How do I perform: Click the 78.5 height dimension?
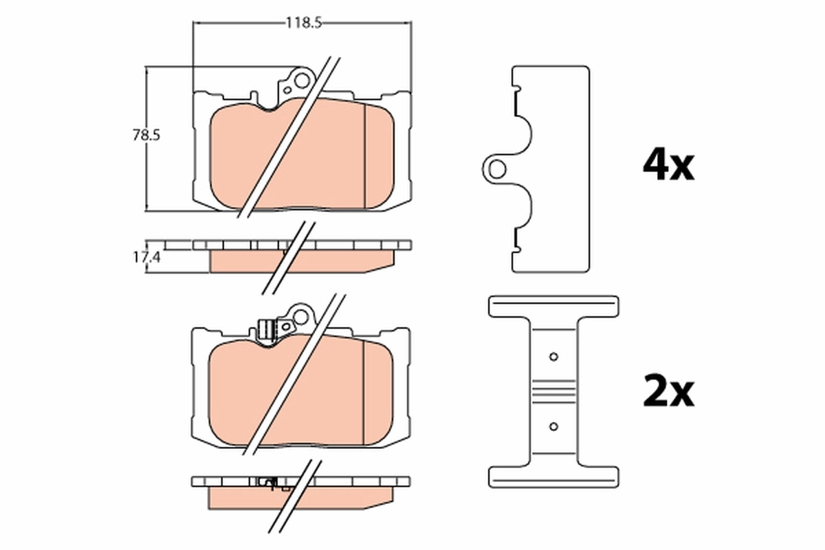[x=146, y=135]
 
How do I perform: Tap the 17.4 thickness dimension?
[x=146, y=258]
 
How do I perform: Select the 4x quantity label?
[x=668, y=165]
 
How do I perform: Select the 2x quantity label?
[x=668, y=392]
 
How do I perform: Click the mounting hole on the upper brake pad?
[x=301, y=82]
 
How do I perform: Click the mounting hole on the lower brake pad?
[x=301, y=318]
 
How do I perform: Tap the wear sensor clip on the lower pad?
[x=265, y=330]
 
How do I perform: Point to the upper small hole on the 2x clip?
[x=553, y=357]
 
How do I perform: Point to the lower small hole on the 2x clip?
[x=553, y=426]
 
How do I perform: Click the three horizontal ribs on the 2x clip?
[x=553, y=390]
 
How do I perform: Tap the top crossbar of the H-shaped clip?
[x=553, y=306]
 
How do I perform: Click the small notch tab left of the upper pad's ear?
[x=256, y=96]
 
